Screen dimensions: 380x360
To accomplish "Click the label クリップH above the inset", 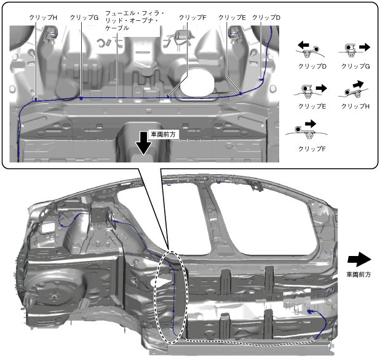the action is point(43,18).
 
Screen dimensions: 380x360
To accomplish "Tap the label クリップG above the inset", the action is point(84,18).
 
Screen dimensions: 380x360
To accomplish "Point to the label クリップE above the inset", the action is point(232,18).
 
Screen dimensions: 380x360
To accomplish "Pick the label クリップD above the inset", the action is point(266,18).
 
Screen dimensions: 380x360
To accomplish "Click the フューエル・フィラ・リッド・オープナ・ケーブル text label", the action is point(132,20).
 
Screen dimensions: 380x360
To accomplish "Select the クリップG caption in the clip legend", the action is point(355,66).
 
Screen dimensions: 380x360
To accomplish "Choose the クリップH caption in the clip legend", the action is point(355,106).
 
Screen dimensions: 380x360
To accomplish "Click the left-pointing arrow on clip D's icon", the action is point(303,46).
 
